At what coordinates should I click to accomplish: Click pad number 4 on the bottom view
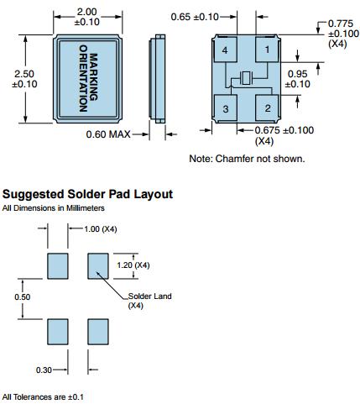pos(226,50)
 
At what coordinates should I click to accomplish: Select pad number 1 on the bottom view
pos(267,50)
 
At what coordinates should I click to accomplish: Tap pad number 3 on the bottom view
pos(226,108)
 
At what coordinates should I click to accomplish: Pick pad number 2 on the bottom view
pos(267,108)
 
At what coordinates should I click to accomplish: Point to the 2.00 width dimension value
pos(87,12)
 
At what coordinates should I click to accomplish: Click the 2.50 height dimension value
pos(24,74)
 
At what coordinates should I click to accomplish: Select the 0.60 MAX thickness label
pos(108,134)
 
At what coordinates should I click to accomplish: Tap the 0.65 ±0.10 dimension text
pos(195,17)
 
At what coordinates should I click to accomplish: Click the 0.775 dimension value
pos(341,24)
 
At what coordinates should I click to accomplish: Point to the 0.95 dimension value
pos(298,74)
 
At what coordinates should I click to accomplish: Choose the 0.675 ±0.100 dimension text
pos(284,130)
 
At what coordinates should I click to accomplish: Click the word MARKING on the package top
pos(93,77)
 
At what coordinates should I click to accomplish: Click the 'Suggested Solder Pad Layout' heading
pos(87,194)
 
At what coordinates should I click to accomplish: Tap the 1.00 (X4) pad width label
pos(101,229)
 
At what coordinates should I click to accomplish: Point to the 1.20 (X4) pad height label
pos(133,265)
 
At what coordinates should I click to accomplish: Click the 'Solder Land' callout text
pos(149,296)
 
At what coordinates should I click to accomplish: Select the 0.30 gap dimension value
pos(44,370)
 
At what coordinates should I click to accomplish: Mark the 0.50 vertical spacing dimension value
pos(23,296)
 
